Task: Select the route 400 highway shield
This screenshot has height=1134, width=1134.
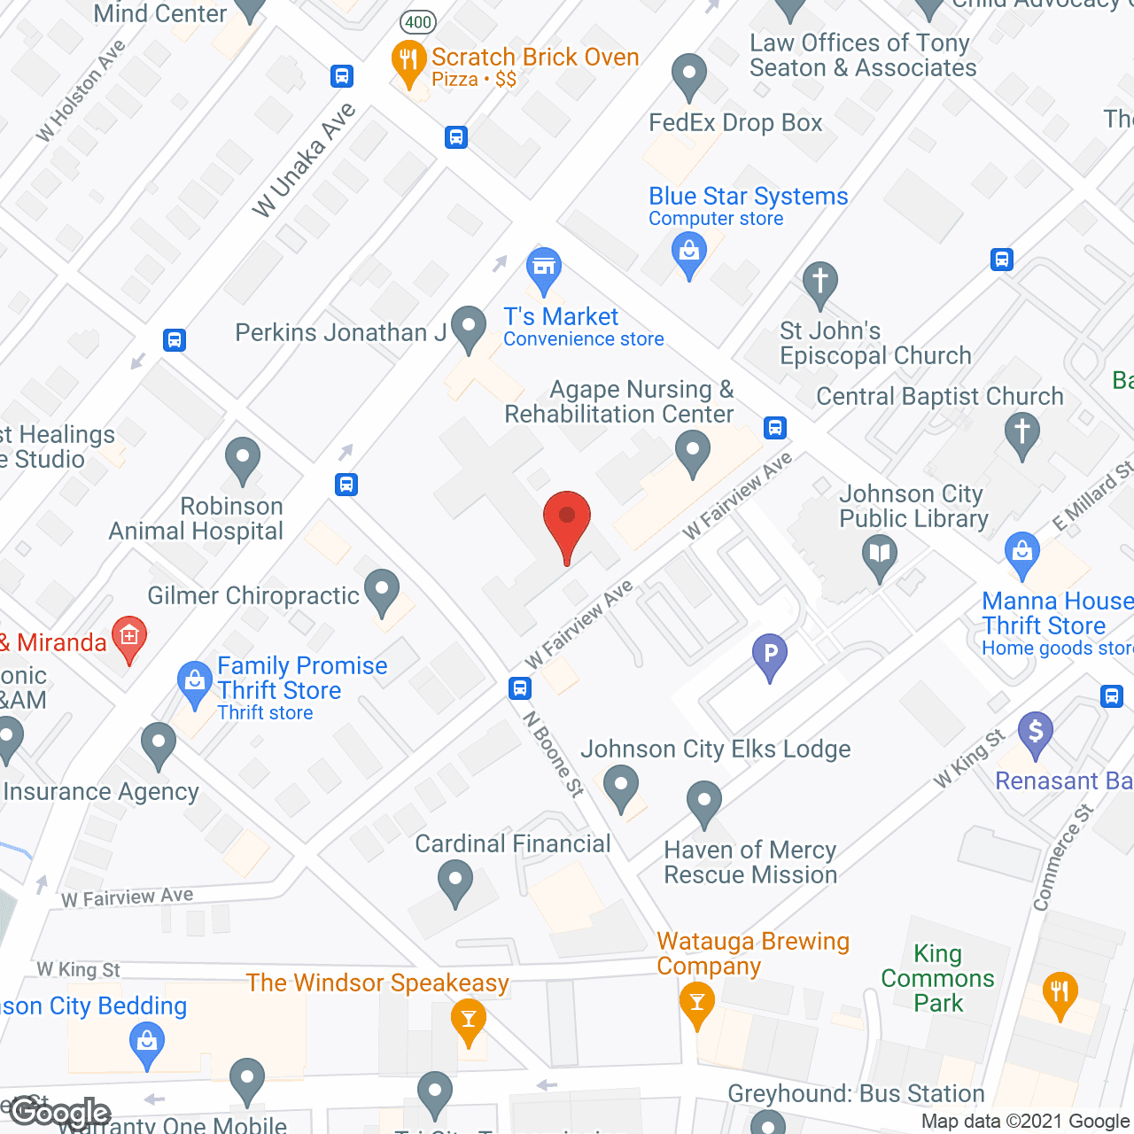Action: point(417,22)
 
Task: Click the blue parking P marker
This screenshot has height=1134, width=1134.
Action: point(770,656)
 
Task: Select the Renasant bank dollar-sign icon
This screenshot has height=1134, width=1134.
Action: point(1035,734)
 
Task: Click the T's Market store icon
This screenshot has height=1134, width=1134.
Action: point(544,268)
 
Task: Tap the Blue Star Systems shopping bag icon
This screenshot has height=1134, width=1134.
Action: point(689,252)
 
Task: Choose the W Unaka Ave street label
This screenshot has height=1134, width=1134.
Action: point(303,159)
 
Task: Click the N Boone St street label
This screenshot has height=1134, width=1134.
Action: point(554,754)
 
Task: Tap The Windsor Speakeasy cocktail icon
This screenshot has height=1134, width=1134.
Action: point(469,1019)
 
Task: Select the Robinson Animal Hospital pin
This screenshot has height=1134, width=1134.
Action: point(243,459)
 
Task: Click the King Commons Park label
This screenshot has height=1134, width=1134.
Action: point(937,978)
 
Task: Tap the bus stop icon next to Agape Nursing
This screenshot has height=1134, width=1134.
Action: point(775,428)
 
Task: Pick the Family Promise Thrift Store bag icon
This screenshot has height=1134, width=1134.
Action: point(194,683)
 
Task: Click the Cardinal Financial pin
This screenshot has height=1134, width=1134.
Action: point(455,882)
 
